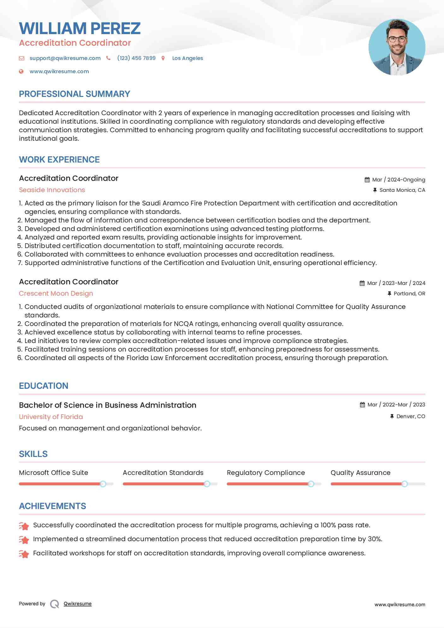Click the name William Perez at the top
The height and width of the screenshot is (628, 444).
pos(80,28)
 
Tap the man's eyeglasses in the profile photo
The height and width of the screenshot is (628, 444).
pos(397,39)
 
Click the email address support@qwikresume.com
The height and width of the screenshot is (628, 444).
pos(65,58)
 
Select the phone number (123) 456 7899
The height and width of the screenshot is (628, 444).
pos(136,58)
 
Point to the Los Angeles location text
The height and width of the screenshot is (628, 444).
pos(187,58)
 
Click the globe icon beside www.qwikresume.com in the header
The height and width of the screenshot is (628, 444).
pos(21,71)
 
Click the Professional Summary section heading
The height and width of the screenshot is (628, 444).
pos(74,94)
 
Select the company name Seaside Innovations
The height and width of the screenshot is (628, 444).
pos(52,190)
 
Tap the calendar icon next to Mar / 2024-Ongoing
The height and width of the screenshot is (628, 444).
pos(367,180)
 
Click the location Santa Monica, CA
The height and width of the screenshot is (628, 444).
pos(402,190)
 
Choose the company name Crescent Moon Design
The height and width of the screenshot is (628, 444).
pos(56,293)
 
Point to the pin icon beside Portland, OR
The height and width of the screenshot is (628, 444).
pos(389,293)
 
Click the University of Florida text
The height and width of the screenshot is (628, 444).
pos(51,417)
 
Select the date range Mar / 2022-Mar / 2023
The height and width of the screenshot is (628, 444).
pos(396,405)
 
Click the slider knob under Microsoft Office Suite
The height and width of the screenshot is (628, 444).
pos(103,484)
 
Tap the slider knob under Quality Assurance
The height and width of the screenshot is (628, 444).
pos(404,484)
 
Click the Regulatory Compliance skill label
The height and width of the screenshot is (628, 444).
pos(266,473)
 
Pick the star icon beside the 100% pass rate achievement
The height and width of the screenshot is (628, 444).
pos(24,526)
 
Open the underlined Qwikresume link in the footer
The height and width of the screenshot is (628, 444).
pos(78,604)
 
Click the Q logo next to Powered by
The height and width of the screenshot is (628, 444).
pos(55,604)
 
